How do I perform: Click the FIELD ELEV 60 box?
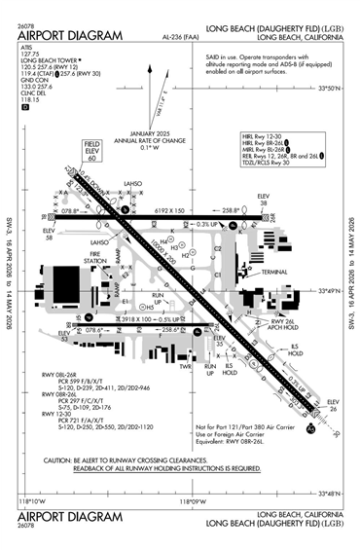pos(93,148)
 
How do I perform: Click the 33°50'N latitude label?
pos(333,116)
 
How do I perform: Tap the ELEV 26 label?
pos(333,404)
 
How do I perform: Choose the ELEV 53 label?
pos(65,338)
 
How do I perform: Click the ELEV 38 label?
pos(262,200)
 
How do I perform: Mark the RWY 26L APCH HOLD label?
pos(283,327)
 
